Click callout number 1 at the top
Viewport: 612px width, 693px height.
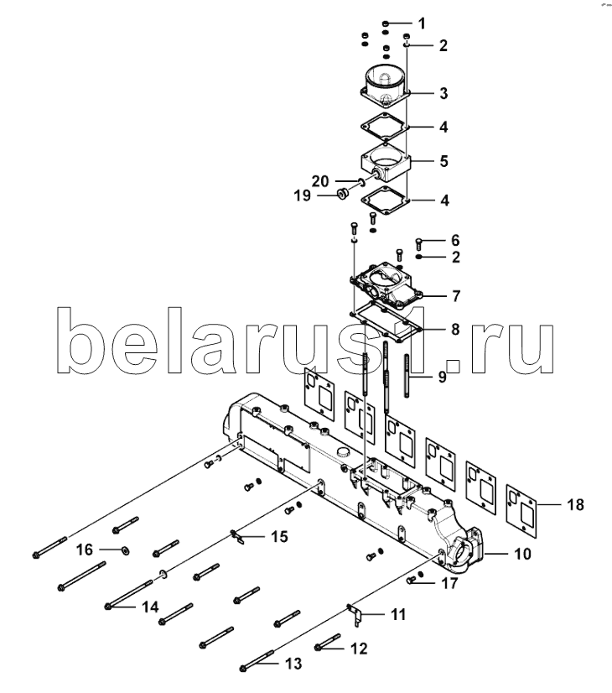[423, 23]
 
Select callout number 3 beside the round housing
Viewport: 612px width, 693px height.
[443, 94]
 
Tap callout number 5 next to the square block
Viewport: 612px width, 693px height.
[443, 161]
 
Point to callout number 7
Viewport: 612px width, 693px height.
[456, 295]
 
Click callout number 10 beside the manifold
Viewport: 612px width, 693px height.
[523, 554]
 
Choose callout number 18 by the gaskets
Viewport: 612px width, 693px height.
[575, 505]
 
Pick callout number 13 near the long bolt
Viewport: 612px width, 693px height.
[293, 664]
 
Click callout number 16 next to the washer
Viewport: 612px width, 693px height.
[85, 550]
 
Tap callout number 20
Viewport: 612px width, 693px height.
[320, 181]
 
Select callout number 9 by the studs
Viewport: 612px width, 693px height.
[442, 377]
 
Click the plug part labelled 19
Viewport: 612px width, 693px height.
[343, 194]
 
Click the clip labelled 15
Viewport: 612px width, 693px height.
[237, 537]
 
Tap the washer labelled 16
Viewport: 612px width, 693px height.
[126, 550]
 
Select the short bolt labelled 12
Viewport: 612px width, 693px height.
[327, 642]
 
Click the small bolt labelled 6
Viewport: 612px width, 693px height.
[419, 243]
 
